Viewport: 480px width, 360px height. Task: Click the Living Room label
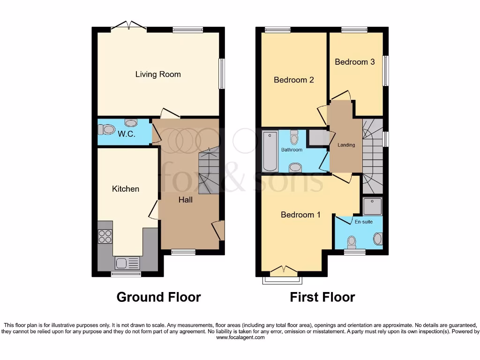158,74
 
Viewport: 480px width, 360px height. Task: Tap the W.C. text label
127,134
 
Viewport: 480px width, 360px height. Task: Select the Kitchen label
126,189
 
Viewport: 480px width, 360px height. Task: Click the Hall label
185,200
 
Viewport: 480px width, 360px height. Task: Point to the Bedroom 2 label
293,80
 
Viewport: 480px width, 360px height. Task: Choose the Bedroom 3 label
354,62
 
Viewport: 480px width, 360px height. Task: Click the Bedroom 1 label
300,215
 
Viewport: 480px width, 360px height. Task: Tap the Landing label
346,145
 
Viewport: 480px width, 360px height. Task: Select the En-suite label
364,222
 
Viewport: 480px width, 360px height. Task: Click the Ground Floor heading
158,297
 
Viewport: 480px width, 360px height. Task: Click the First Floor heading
322,297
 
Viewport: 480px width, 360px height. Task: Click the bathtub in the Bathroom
270,151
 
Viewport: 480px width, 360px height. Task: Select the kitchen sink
127,263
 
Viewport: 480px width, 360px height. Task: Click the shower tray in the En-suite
373,206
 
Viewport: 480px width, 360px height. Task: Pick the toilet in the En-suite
352,242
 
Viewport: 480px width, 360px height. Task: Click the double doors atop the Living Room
129,26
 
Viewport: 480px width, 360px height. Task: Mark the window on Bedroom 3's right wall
386,71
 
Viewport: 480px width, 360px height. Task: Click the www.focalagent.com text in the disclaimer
240,337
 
